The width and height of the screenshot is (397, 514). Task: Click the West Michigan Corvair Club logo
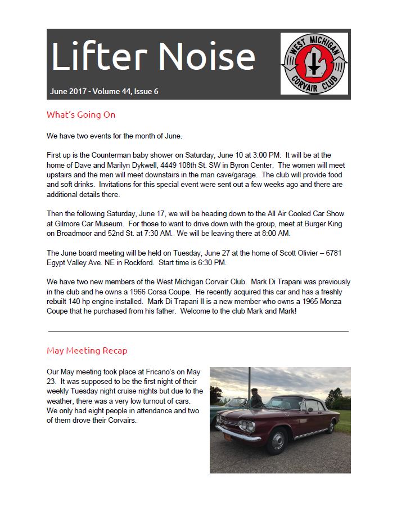click(x=314, y=63)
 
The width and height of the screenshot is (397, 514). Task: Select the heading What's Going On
click(x=81, y=115)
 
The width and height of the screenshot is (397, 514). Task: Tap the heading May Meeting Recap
click(x=87, y=351)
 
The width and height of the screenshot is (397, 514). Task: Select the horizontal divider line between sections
click(x=198, y=332)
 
